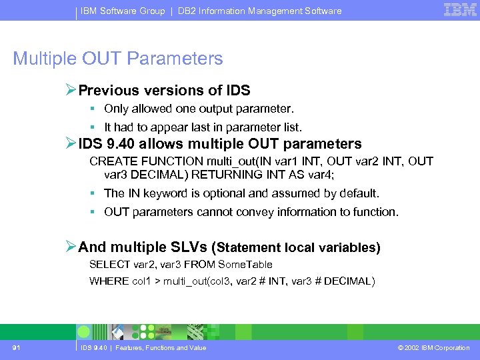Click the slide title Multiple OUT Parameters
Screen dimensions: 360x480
click(x=118, y=59)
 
